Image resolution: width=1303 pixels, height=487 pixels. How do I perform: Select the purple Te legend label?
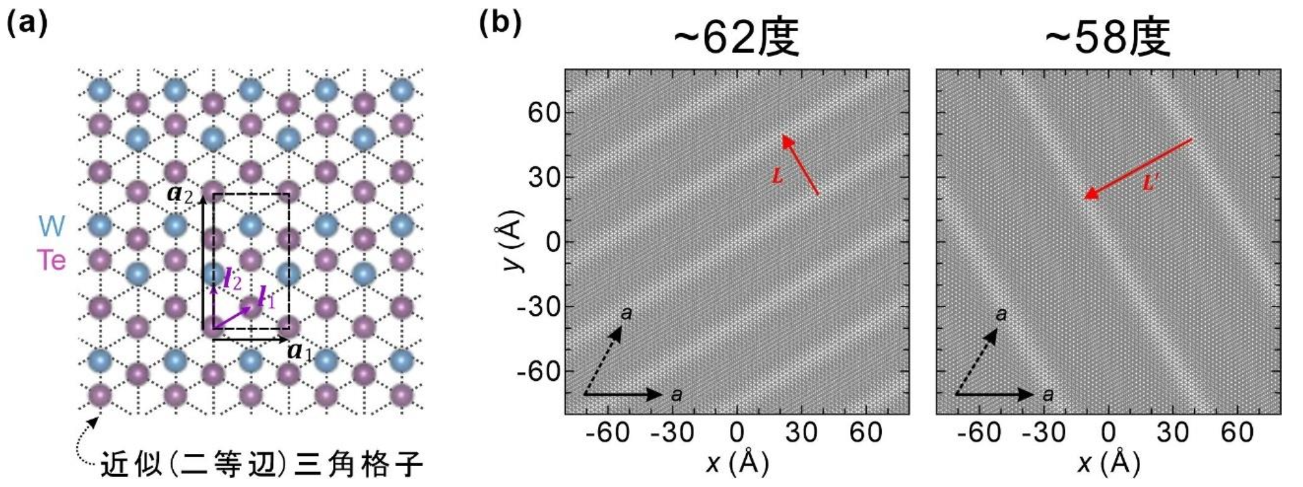[52, 260]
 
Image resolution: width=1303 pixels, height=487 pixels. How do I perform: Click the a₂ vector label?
[179, 194]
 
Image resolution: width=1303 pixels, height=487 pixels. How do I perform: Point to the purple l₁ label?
[267, 298]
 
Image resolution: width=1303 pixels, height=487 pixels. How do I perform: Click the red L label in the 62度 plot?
[777, 177]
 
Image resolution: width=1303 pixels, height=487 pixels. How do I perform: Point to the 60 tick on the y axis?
[544, 113]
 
